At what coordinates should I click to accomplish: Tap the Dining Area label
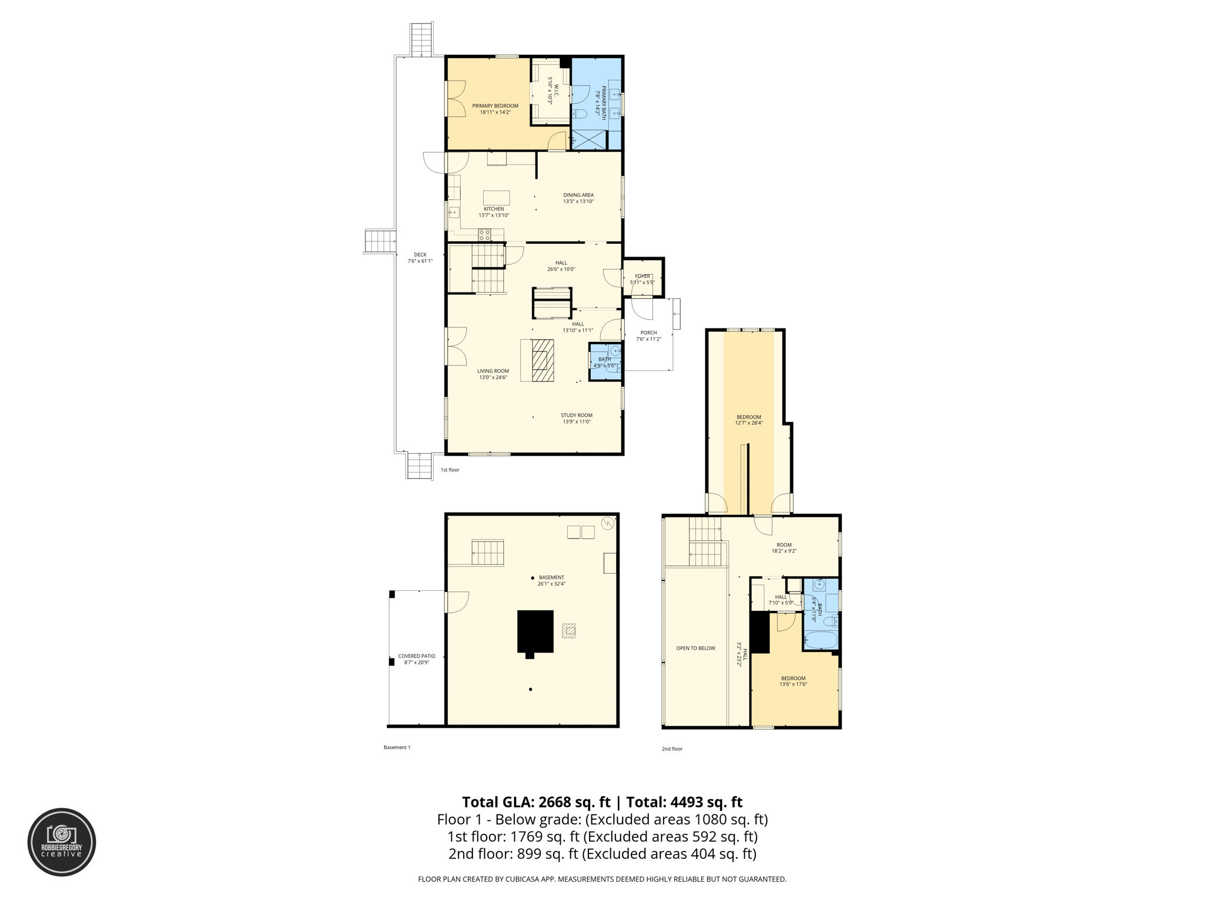[x=578, y=195]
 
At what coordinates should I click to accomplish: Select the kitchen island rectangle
[x=496, y=198]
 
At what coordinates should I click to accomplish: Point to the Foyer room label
[x=642, y=276]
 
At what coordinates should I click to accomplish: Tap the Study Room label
[x=576, y=415]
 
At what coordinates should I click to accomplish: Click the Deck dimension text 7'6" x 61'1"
[x=420, y=261]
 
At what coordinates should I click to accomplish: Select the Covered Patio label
[x=417, y=656]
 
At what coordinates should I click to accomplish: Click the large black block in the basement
[x=535, y=631]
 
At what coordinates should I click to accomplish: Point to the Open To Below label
[x=695, y=648]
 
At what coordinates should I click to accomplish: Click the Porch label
[x=648, y=333]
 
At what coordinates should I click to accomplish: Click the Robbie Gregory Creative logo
[x=62, y=842]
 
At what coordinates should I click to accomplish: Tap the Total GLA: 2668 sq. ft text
[x=536, y=802]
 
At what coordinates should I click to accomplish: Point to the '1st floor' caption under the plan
[x=450, y=470]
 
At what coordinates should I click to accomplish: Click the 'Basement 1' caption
[x=397, y=747]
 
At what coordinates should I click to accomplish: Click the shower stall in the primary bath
[x=588, y=139]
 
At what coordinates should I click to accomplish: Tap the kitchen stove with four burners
[x=484, y=235]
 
